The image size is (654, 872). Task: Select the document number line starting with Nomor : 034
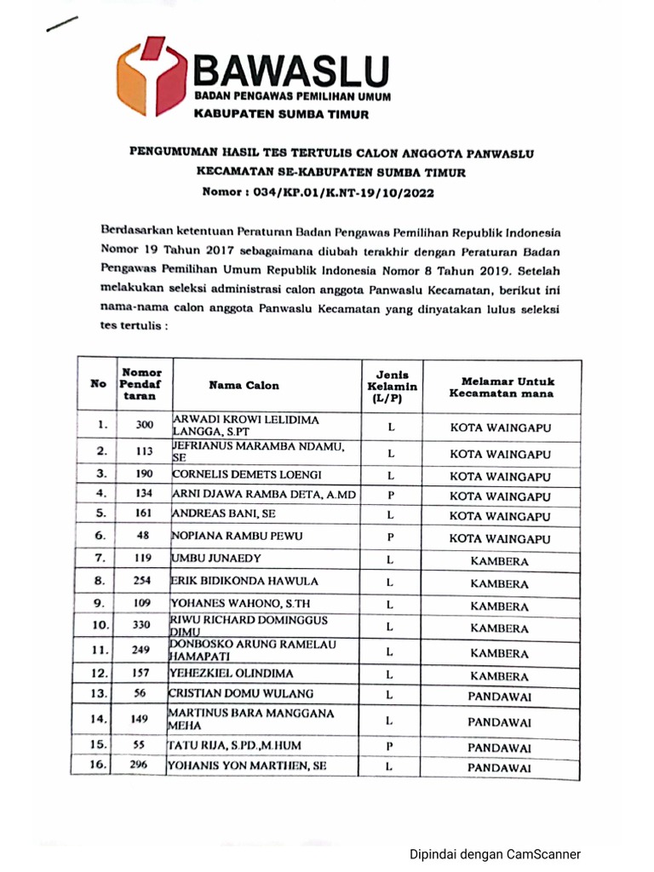point(318,192)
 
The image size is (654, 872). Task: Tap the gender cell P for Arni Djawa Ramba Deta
point(389,495)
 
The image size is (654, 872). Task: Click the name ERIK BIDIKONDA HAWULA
point(244,581)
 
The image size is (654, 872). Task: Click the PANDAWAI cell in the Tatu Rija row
point(500,747)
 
